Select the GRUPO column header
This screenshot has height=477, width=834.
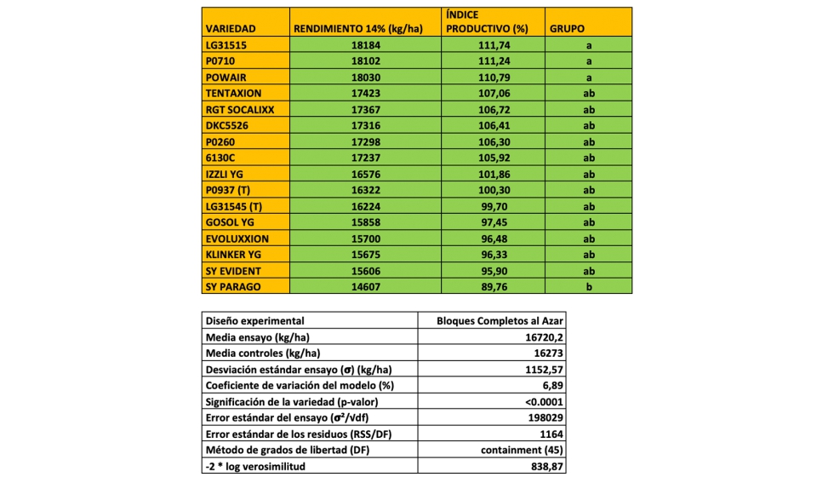567,28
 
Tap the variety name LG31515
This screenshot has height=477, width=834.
224,44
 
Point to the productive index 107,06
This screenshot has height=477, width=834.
494,93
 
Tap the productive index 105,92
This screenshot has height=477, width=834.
494,157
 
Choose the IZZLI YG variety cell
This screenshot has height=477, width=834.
226,173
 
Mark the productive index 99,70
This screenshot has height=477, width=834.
494,205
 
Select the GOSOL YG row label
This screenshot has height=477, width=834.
230,221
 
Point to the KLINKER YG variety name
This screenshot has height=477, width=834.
233,254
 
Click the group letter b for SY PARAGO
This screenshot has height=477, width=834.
587,286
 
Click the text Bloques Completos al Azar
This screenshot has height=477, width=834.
500,321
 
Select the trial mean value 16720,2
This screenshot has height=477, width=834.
544,337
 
